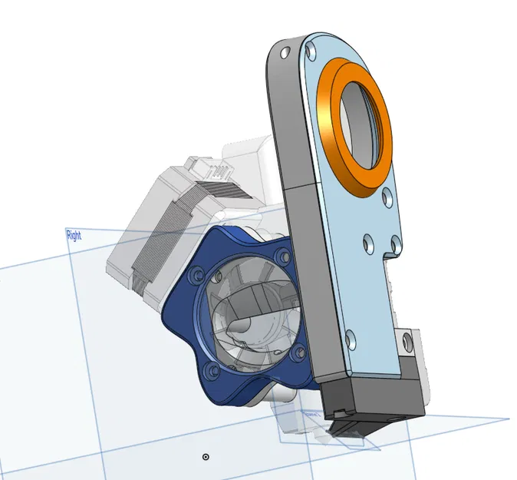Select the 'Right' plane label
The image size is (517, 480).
[x=74, y=235]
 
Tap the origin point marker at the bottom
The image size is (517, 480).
[x=206, y=457]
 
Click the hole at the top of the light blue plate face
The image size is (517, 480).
[x=310, y=51]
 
